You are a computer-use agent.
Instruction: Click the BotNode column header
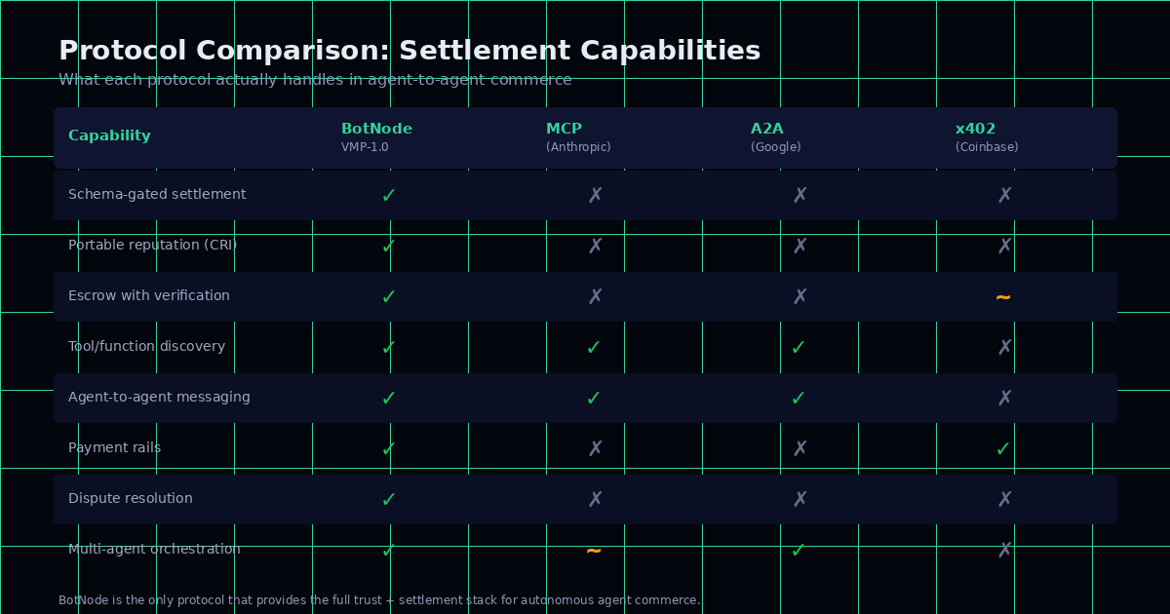[376, 129]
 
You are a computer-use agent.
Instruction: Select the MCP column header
[564, 129]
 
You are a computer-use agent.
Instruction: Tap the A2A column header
[766, 129]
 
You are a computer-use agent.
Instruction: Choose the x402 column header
[975, 129]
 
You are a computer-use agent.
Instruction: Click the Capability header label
[109, 136]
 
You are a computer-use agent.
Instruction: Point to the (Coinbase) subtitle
[987, 147]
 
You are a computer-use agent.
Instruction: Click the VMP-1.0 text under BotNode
[365, 147]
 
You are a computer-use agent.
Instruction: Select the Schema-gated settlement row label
[157, 195]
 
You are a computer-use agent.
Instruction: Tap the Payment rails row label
[114, 448]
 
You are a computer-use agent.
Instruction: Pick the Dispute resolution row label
[131, 499]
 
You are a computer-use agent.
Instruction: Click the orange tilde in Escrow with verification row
[1003, 296]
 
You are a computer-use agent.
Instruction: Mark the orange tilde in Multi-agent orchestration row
[594, 550]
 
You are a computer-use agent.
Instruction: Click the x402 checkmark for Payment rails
[1003, 448]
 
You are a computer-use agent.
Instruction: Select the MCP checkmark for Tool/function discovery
[594, 347]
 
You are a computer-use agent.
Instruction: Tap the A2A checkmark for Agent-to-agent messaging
[799, 398]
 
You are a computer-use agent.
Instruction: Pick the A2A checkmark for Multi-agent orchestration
[799, 550]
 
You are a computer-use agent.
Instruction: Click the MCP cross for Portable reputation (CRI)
[596, 246]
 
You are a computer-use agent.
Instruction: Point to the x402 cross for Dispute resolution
[1005, 499]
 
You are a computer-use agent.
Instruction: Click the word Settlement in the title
[483, 52]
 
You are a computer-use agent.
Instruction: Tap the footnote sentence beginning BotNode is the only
[379, 600]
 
